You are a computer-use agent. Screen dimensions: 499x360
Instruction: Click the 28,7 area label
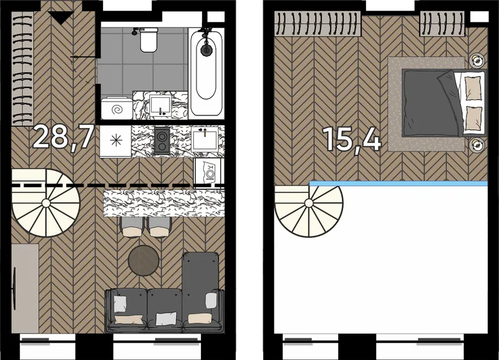coord(64,137)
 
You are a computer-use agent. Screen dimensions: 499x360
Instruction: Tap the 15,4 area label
coord(352,139)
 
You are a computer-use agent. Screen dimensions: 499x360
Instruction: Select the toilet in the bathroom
coord(148,39)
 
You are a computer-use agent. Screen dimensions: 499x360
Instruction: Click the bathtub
coord(206,72)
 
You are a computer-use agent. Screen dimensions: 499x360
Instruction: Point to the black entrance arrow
coord(61,17)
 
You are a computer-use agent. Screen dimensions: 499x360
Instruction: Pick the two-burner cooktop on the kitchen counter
coord(162,140)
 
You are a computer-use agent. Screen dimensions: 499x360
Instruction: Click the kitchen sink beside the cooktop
coord(205,139)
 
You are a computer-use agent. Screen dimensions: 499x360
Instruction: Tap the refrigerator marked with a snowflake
coord(115,140)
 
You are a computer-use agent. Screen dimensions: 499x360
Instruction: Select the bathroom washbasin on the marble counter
coord(161,105)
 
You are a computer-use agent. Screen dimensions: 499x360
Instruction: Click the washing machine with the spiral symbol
coord(117,108)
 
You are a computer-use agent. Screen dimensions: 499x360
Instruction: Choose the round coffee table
coord(143,261)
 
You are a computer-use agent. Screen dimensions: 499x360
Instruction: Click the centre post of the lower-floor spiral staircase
coord(46,203)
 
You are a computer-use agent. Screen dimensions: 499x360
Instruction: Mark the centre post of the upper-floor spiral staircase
coord(309,203)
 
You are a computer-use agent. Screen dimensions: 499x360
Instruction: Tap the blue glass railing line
coord(398,183)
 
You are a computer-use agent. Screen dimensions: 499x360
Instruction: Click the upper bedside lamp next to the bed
coord(477,59)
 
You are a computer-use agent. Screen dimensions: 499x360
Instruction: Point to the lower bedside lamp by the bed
coord(477,145)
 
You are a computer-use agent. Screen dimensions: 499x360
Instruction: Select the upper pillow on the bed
coord(473,88)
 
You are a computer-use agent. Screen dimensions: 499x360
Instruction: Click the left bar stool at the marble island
coord(131,227)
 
